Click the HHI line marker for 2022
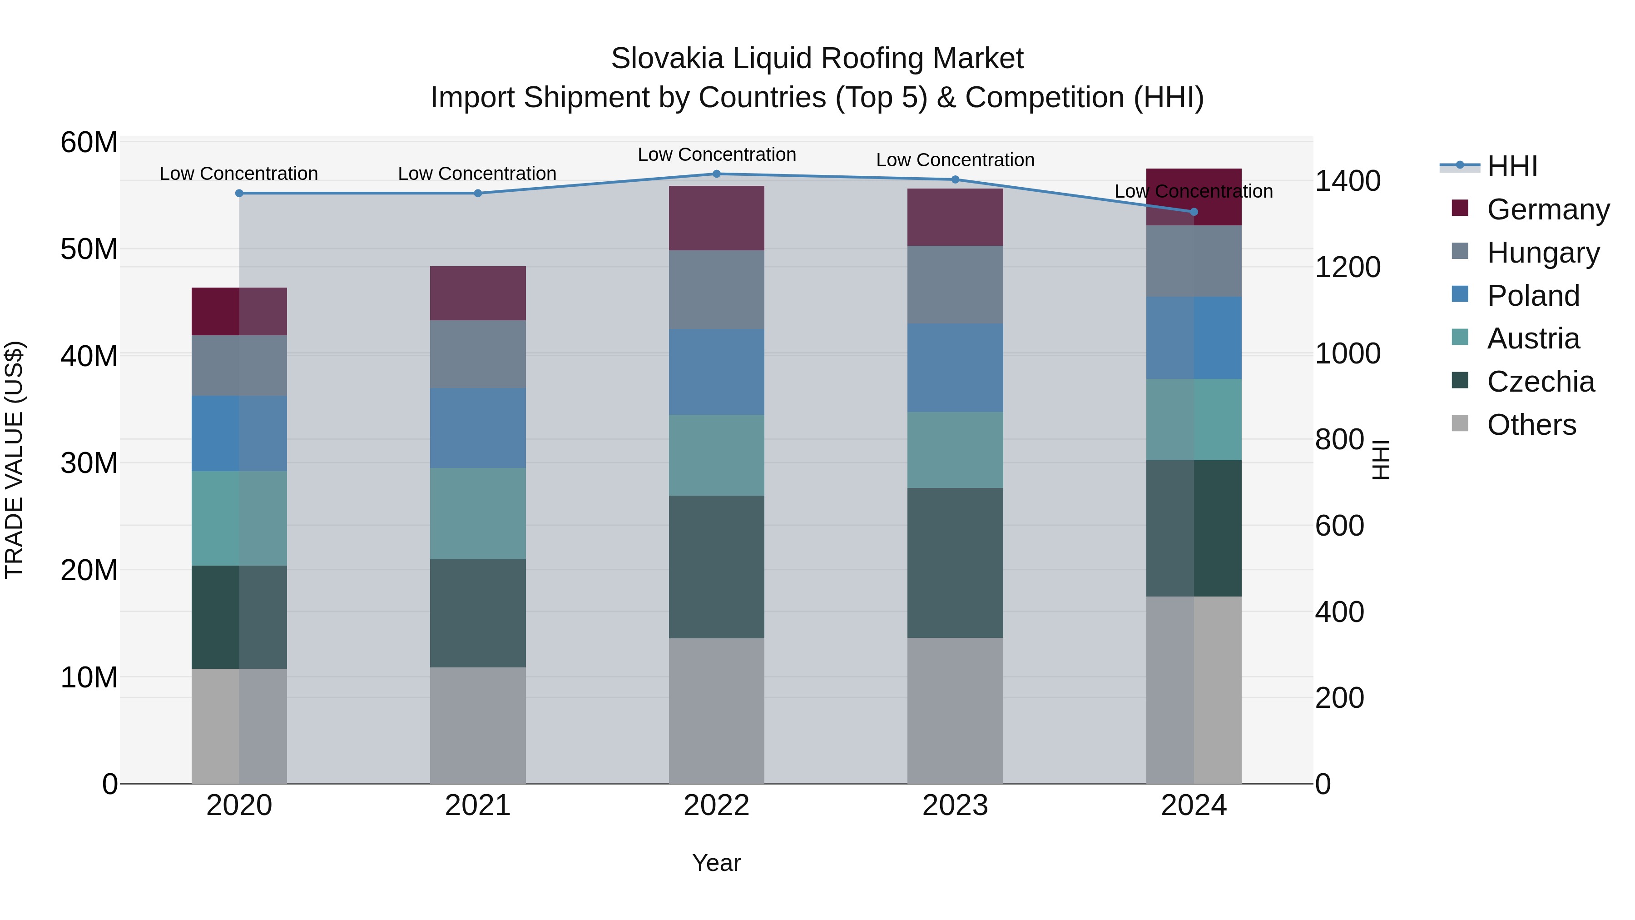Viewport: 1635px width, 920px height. [717, 174]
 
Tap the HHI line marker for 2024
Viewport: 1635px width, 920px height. [1194, 212]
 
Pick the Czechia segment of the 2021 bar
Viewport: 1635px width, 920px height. [478, 613]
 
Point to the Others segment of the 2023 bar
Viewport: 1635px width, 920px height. [955, 711]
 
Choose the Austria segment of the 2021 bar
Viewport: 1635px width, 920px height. [478, 514]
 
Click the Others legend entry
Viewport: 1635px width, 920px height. [1531, 425]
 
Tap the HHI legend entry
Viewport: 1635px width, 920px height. [1512, 166]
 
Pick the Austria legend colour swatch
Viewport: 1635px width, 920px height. [1460, 337]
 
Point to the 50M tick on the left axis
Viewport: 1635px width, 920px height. [89, 249]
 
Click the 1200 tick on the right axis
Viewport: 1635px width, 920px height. [1347, 267]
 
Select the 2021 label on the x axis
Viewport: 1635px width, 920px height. [478, 806]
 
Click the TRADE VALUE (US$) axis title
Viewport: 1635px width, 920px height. [14, 460]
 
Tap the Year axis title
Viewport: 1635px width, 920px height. [717, 863]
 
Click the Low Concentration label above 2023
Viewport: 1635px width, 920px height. [955, 160]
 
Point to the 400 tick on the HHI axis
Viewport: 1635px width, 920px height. [1339, 612]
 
